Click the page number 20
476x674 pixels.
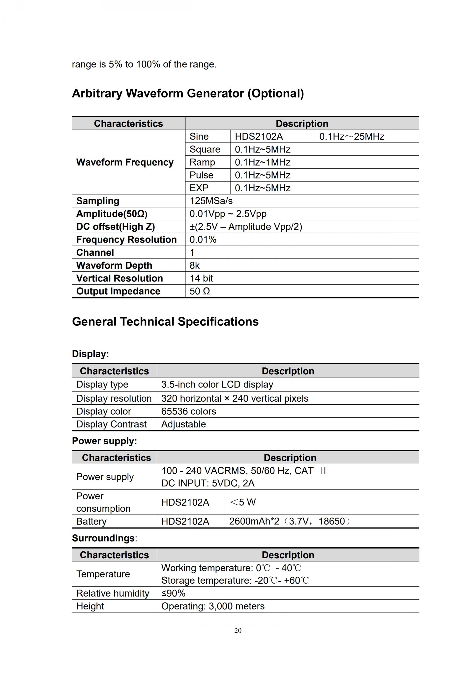(x=238, y=630)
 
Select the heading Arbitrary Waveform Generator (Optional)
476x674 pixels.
(x=188, y=93)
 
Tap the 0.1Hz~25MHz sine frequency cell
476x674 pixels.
(x=352, y=137)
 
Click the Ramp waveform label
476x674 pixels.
(x=202, y=162)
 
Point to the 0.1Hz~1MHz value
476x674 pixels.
(x=262, y=162)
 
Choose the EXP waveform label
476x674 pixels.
(x=199, y=188)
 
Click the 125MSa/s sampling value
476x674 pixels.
(x=211, y=201)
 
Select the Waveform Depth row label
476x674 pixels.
(x=114, y=265)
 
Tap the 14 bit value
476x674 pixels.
(x=201, y=278)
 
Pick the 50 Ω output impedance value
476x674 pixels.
(x=200, y=291)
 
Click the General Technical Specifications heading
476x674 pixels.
(x=165, y=322)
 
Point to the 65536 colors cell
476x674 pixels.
(x=188, y=411)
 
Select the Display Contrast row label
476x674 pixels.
(x=111, y=424)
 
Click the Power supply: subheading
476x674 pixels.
(x=104, y=441)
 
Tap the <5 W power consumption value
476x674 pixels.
(x=243, y=502)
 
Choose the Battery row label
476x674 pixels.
(x=91, y=521)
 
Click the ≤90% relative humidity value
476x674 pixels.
(x=173, y=593)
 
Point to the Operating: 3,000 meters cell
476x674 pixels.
(x=213, y=606)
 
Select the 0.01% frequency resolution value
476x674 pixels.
(x=203, y=240)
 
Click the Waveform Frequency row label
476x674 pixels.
(x=125, y=162)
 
